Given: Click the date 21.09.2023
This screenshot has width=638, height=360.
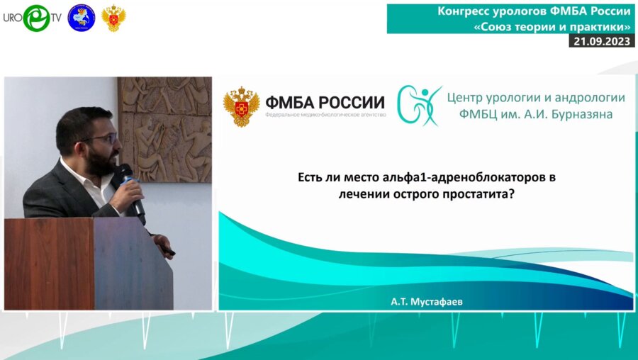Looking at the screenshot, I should click(602, 41).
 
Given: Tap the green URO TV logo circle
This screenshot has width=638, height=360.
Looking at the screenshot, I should click(37, 18).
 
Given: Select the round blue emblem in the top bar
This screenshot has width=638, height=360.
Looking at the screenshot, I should click(81, 18).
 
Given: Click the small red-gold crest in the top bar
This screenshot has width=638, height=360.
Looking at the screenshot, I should click(113, 18).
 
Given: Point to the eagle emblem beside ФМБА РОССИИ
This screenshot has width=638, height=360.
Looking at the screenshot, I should click(241, 106).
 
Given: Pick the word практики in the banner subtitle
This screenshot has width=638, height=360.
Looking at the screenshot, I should click(598, 26).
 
